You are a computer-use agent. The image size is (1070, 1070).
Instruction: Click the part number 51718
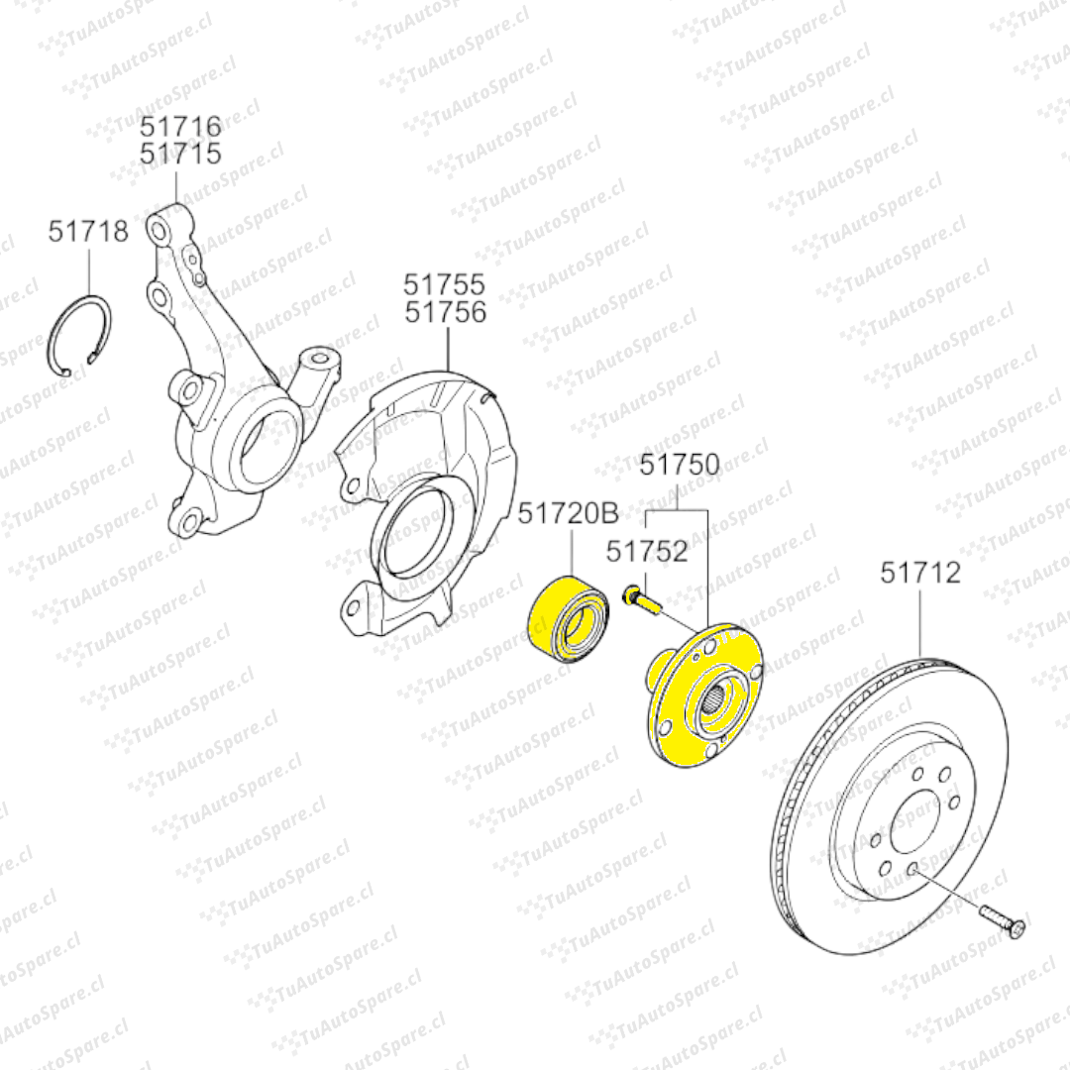click(x=88, y=231)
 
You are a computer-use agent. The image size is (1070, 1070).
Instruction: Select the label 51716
click(x=181, y=126)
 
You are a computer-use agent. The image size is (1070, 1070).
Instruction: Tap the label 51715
click(x=181, y=154)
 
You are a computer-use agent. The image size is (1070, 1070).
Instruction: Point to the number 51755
click(x=444, y=284)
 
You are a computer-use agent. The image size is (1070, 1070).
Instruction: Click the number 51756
click(x=446, y=312)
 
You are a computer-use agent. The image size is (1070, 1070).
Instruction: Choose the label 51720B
click(x=569, y=513)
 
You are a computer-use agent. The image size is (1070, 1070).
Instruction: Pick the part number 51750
click(x=680, y=465)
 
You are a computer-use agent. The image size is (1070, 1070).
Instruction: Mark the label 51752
click(x=647, y=552)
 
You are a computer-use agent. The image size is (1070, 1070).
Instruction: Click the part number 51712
click(x=920, y=573)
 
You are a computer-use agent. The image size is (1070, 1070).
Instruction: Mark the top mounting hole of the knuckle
click(x=159, y=230)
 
